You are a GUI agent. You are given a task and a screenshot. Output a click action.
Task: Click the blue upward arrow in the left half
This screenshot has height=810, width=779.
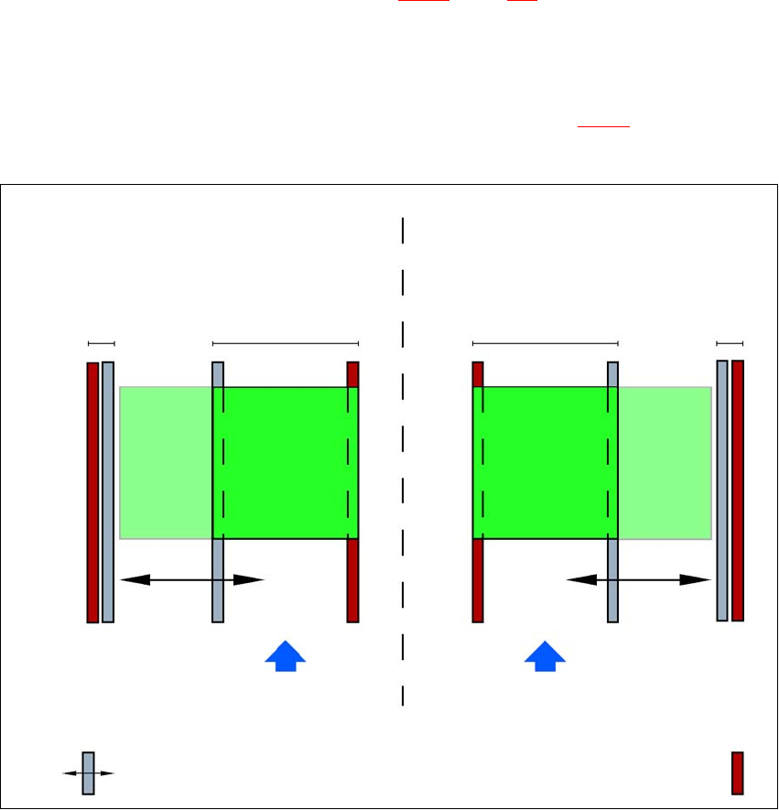[286, 657]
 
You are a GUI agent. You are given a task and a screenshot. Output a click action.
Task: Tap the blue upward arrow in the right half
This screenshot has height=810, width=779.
[546, 657]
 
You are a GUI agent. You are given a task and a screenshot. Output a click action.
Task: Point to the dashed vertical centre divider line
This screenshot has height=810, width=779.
[403, 458]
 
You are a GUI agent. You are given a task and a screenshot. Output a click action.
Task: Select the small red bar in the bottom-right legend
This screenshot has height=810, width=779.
[737, 772]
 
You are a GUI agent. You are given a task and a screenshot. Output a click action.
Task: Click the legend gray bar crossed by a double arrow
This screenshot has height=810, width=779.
[88, 772]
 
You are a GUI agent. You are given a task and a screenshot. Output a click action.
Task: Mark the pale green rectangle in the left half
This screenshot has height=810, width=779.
[166, 462]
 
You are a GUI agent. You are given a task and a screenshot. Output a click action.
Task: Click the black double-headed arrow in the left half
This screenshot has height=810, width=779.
[192, 579]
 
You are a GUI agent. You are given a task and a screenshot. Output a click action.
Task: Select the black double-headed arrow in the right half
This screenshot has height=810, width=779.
[639, 579]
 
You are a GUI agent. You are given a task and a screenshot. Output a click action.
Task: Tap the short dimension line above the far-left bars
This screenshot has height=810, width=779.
[101, 343]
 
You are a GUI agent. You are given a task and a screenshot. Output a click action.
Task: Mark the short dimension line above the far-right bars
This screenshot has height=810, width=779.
[730, 343]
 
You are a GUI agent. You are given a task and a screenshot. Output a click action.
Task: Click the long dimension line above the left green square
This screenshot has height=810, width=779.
[286, 343]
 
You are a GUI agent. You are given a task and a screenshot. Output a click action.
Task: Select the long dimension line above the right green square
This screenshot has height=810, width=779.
[546, 343]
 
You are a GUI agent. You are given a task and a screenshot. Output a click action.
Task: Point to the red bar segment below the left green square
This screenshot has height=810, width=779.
[352, 580]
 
